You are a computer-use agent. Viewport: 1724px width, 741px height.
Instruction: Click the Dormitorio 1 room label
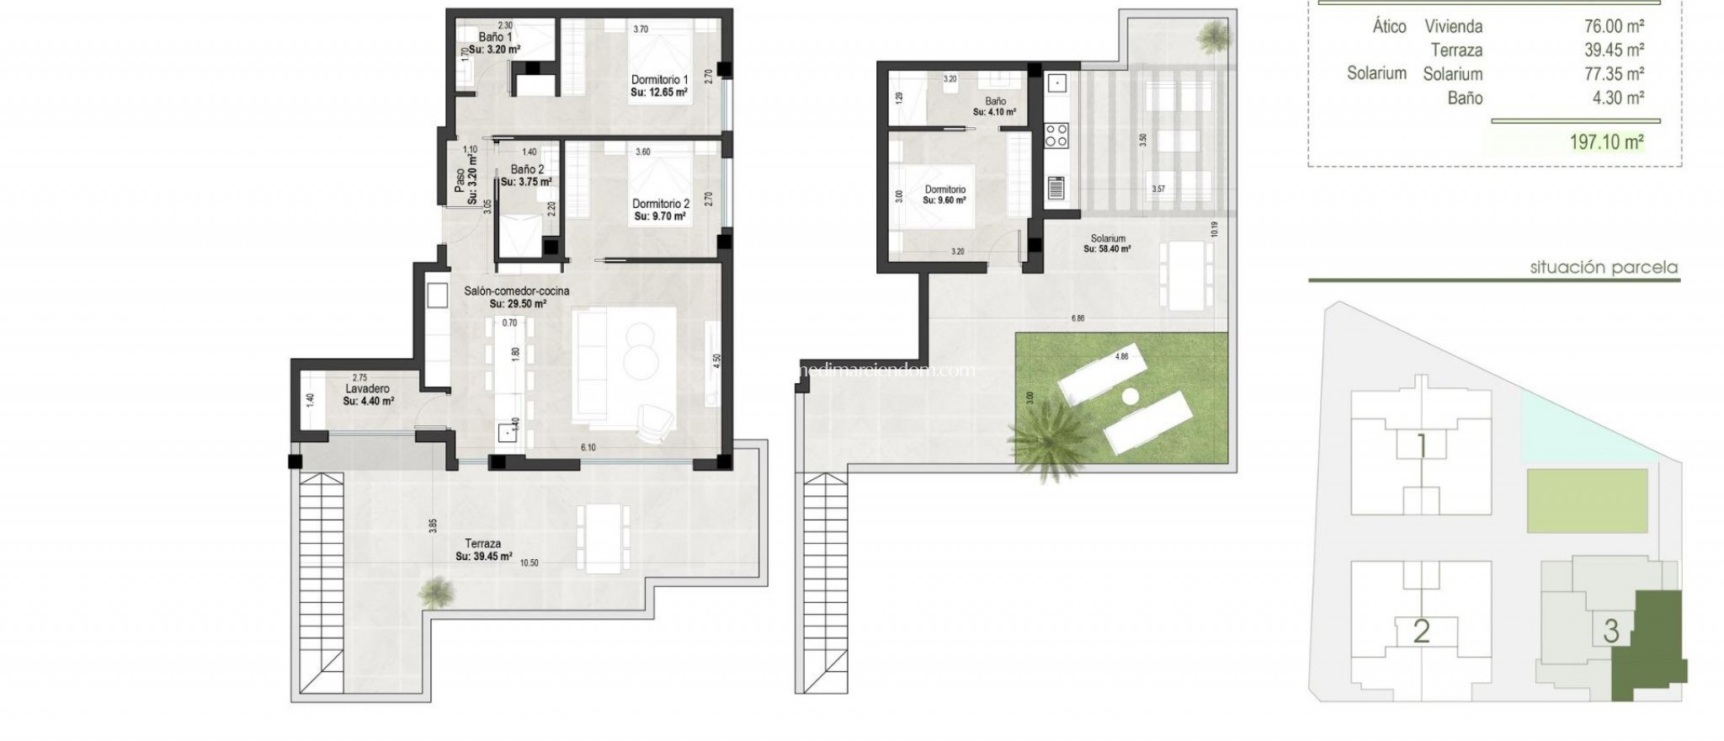pos(659,80)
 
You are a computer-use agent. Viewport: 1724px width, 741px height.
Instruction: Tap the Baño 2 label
pos(527,169)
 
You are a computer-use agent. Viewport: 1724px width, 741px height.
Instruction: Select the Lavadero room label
pos(368,389)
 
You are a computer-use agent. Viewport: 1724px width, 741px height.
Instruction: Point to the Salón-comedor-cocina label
pos(517,291)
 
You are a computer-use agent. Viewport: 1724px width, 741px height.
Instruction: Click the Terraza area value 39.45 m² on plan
pos(484,557)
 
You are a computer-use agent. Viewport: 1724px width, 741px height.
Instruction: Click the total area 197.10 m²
pos(1606,142)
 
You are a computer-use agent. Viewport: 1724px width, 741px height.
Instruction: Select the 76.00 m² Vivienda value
pos(1614,27)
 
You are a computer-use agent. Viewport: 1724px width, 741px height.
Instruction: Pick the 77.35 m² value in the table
pos(1614,74)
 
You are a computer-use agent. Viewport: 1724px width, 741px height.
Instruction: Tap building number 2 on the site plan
pos(1421,631)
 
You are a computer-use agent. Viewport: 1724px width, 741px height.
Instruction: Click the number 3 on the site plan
pos(1610,631)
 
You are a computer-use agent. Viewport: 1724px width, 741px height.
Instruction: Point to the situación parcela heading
pos(1604,268)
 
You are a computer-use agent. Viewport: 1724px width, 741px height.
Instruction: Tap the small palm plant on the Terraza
pos(436,591)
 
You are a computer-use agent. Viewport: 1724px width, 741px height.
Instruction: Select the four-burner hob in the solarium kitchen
pos(1056,136)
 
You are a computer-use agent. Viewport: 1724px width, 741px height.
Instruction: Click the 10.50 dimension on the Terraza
pos(529,563)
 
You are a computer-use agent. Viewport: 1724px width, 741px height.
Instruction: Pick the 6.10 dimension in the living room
pos(588,447)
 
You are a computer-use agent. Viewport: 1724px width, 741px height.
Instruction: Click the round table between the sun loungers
pos(1130,396)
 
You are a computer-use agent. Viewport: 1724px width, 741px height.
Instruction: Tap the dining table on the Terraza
pos(602,537)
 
